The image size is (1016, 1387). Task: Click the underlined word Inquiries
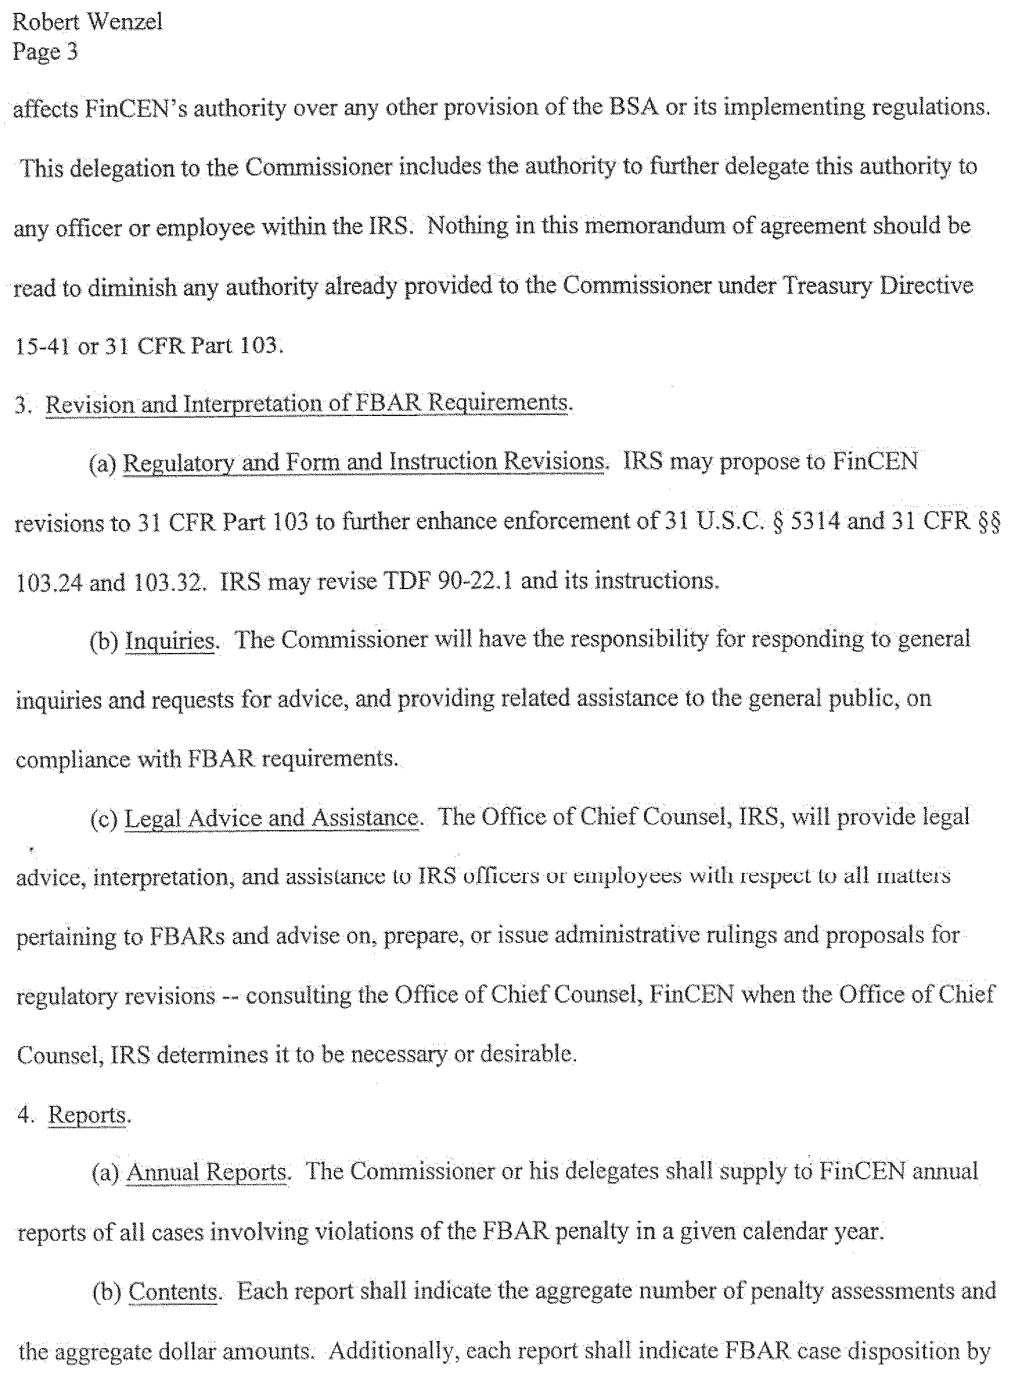point(170,640)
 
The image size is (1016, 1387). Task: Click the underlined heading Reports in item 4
point(87,1115)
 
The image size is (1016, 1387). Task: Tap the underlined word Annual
point(162,1172)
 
